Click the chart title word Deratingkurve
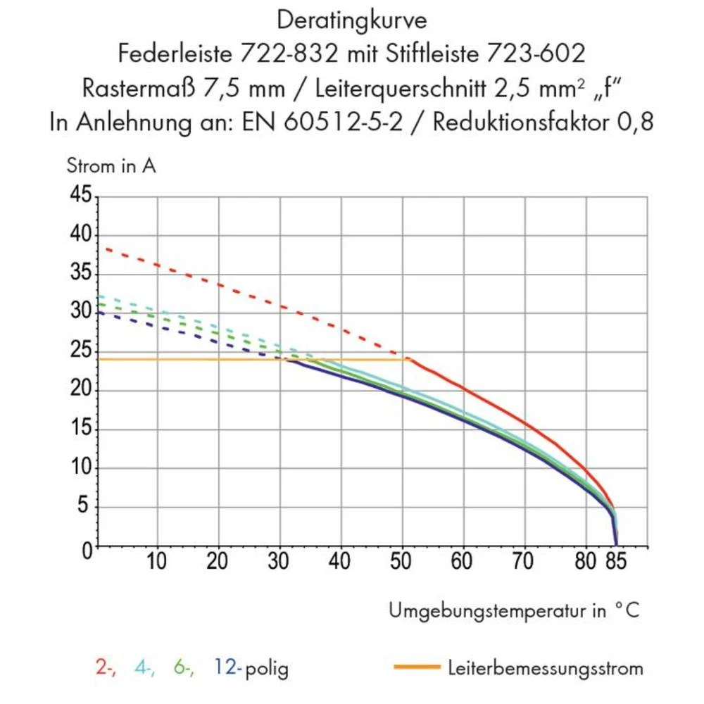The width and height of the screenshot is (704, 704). tap(351, 20)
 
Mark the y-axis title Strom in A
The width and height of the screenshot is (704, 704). tap(111, 167)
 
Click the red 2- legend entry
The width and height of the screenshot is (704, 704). tap(106, 667)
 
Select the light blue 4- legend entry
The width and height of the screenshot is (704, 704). tap(145, 667)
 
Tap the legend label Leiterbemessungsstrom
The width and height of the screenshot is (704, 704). tap(545, 667)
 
